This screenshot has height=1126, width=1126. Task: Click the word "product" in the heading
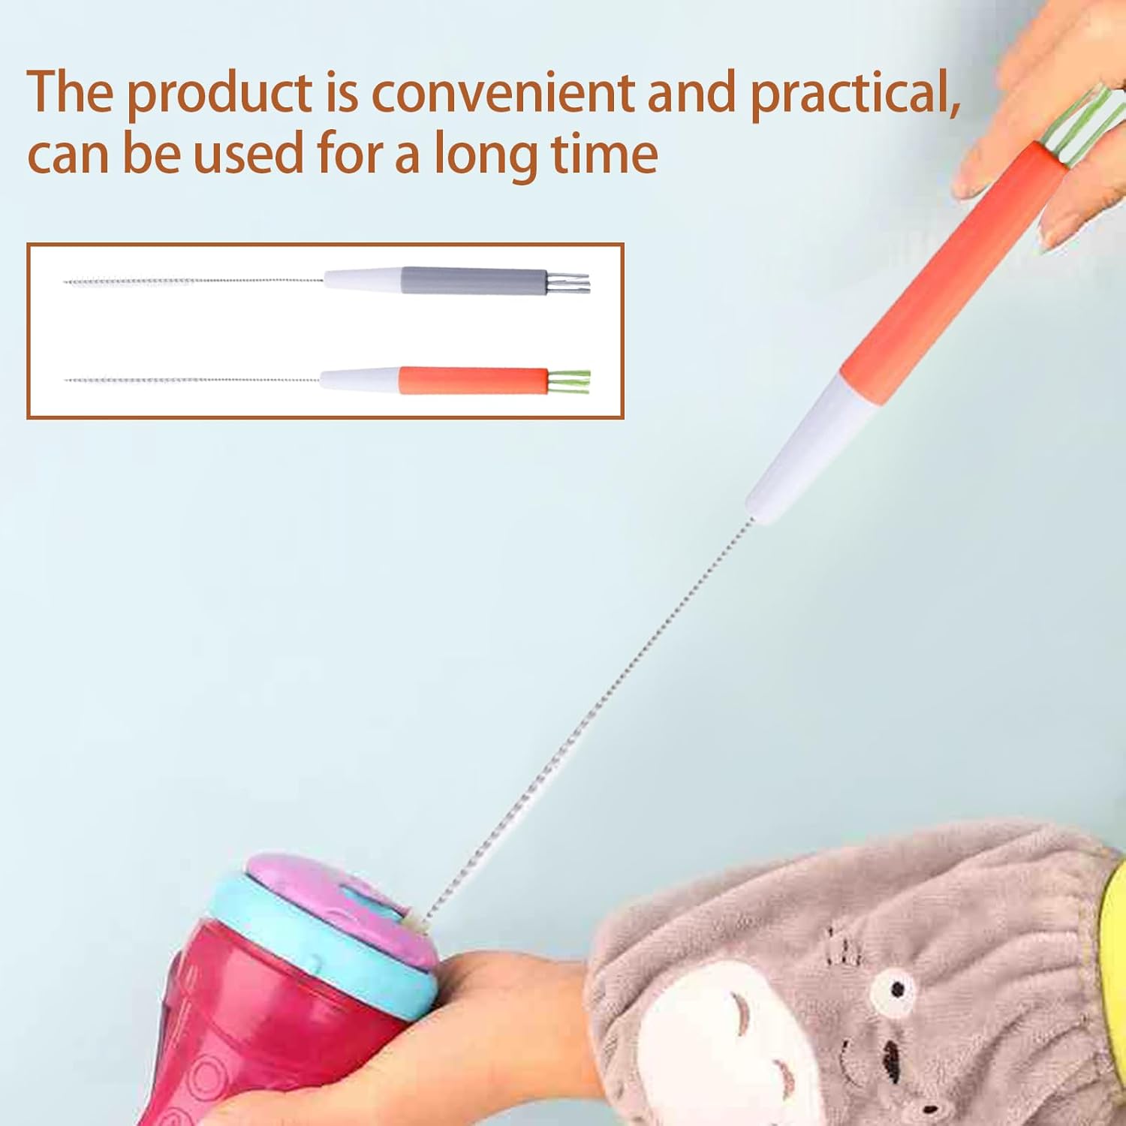(218, 93)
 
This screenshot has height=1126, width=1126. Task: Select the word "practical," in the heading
(856, 95)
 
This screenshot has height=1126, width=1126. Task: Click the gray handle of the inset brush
(474, 280)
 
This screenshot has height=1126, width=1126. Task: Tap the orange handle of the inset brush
(473, 381)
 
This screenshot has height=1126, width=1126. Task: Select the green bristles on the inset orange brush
(569, 381)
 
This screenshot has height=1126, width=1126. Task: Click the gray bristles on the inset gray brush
(569, 281)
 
